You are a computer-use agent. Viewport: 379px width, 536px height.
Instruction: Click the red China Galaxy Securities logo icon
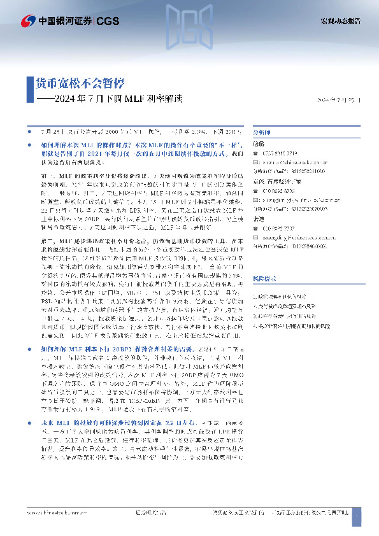28,22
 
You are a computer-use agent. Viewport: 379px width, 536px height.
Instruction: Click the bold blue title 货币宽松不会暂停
79,83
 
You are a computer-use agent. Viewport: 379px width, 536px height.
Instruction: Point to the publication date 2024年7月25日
338,101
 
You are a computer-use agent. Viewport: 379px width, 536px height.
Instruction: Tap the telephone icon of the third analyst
257,227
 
